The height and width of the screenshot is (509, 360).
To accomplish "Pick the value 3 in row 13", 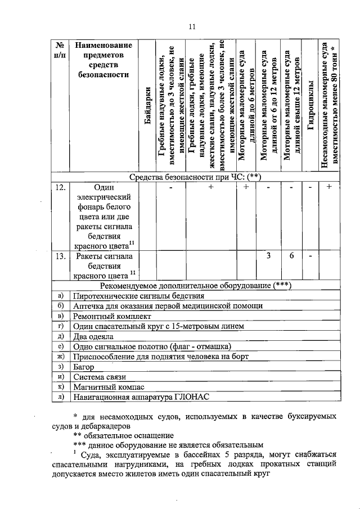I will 269,256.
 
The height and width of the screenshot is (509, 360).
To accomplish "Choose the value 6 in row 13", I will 292,256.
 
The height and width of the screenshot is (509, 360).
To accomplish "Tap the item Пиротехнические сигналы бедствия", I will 138,296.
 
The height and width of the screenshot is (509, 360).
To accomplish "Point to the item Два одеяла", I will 94,336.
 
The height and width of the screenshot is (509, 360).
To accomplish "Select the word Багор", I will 84,367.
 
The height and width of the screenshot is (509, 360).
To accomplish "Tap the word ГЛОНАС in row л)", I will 189,397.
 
